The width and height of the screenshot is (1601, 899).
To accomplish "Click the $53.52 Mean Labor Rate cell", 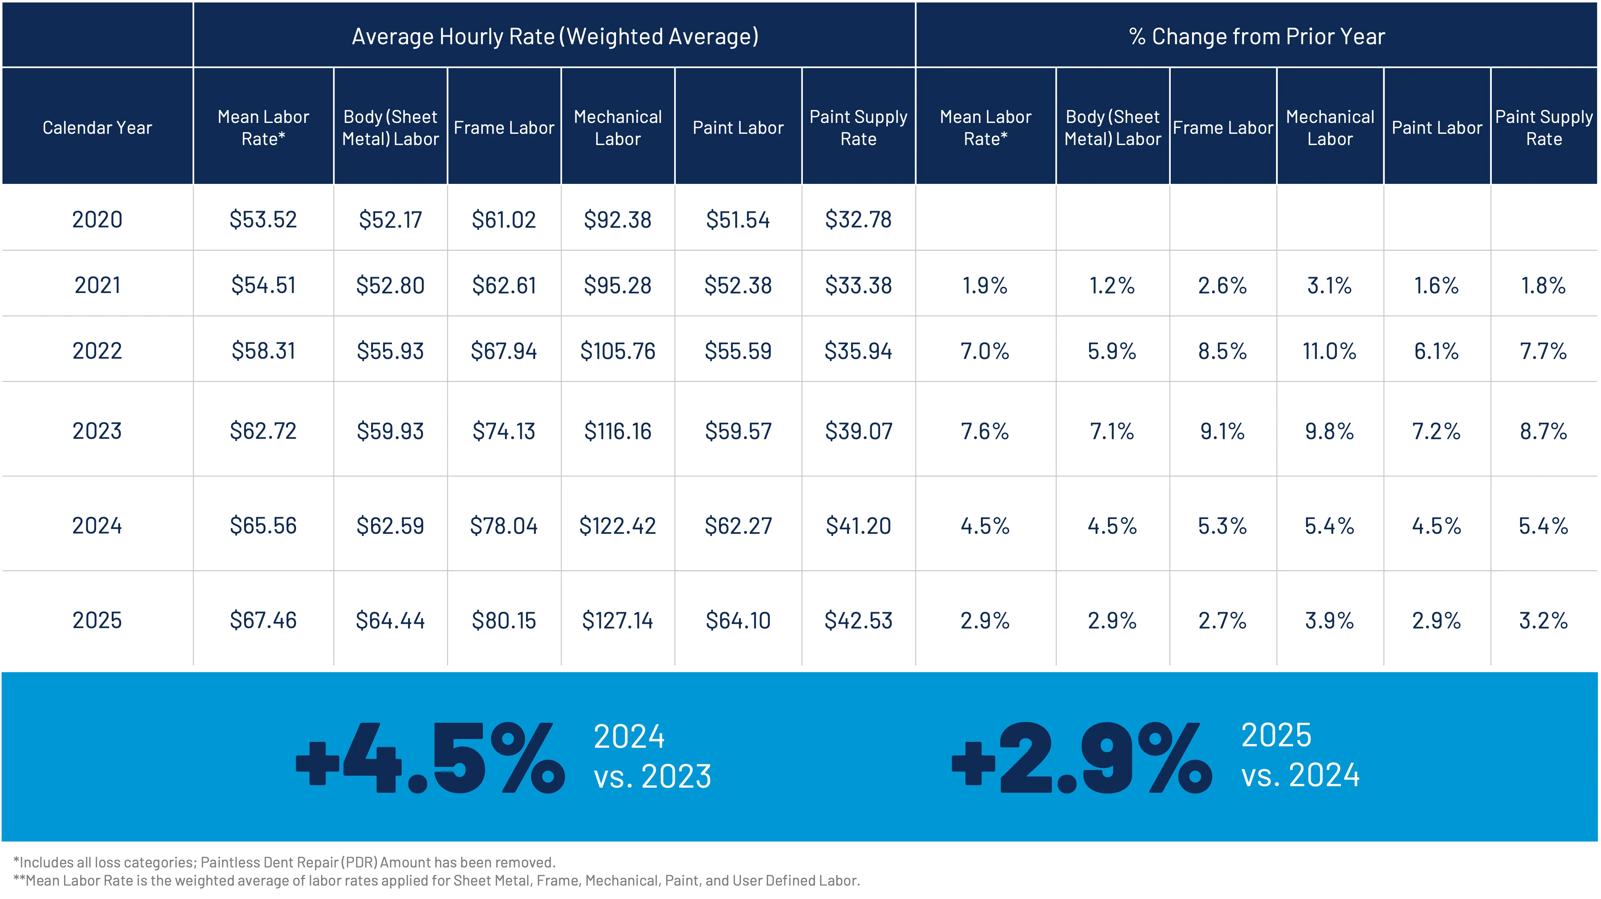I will coord(263,219).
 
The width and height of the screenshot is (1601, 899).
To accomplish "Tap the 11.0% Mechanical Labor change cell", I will coord(1329,351).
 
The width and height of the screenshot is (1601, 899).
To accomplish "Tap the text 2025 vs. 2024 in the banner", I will coord(1300,755).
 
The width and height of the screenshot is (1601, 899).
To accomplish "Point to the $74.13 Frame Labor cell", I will coord(504,430).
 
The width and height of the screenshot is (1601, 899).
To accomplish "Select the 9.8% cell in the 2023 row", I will coord(1329,430).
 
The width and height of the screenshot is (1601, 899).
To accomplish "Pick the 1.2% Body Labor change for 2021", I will coord(1112,285).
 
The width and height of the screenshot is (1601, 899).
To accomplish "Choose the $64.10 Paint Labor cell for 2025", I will coord(738,620).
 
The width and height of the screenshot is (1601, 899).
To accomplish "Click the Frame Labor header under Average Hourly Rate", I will coord(504,127).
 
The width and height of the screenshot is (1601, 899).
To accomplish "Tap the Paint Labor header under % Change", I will coord(1436,127).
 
